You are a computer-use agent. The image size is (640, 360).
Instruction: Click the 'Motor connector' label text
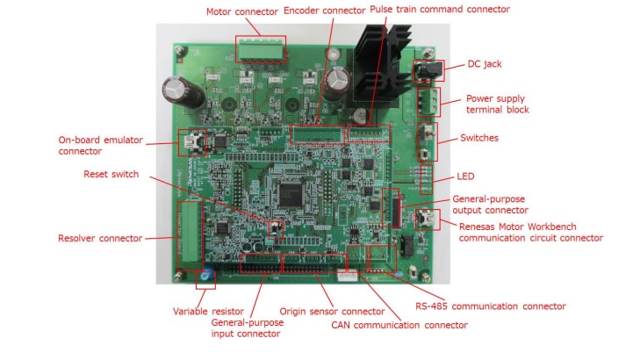(243, 11)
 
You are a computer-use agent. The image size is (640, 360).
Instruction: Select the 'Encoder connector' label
(324, 11)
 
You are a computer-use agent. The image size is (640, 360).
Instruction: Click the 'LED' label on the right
(466, 176)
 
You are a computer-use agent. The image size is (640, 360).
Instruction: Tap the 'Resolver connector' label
(100, 238)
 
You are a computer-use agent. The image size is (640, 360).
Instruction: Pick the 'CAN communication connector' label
(399, 325)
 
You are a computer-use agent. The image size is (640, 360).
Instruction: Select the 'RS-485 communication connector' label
(490, 306)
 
